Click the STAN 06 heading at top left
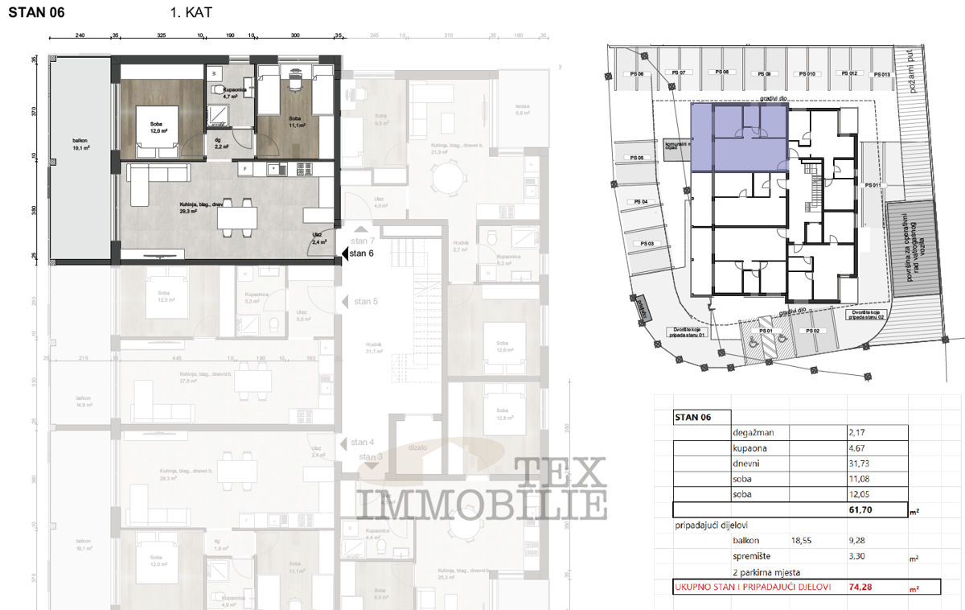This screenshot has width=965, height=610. coord(37,13)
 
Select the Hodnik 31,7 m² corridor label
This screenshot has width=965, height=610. coord(373,348)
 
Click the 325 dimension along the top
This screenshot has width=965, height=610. coord(161,36)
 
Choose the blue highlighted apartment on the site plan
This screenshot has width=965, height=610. coord(738,138)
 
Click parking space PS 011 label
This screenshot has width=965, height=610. coord(873,185)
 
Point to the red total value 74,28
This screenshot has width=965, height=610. coord(860,587)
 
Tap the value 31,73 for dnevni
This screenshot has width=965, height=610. coord(860,464)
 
